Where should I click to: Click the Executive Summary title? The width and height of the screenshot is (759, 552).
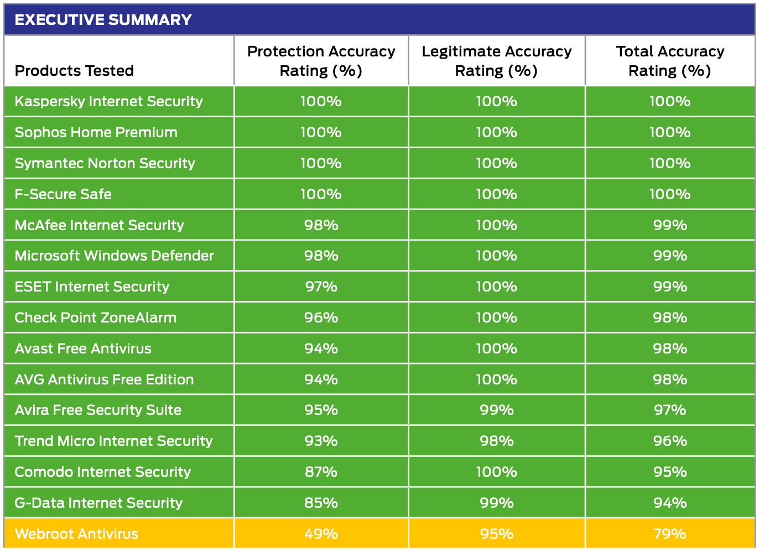pos(103,20)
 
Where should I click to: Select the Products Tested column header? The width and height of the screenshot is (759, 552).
pos(74,71)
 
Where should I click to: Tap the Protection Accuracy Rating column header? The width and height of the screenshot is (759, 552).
pos(321,61)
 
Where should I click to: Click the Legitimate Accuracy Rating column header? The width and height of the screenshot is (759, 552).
pos(496,61)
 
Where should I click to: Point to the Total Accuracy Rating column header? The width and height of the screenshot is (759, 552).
pos(670,61)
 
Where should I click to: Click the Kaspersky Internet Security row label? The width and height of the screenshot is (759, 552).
pos(108,102)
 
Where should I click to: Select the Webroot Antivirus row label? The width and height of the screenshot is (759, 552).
pos(76,534)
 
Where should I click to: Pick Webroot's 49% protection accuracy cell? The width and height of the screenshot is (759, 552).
pos(321,534)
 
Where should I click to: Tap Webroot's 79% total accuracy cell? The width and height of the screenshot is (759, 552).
pos(670,534)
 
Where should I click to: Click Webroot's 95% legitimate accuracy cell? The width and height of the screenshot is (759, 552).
pos(496,534)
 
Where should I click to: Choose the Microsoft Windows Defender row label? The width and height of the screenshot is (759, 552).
pos(114,256)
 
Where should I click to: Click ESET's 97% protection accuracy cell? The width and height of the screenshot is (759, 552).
pos(321,287)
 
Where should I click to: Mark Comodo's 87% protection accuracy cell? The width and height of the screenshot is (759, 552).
pos(321,472)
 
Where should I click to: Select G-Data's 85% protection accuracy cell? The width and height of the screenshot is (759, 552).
pos(321,503)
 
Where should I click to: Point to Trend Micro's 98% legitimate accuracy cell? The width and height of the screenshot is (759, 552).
pos(496,441)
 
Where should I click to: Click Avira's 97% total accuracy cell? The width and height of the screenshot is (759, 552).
pos(670,410)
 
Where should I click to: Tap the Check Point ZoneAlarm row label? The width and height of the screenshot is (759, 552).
pos(95,317)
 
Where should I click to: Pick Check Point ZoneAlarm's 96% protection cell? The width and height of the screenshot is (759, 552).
pos(321,317)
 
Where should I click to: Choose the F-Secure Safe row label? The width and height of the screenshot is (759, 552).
pos(63,194)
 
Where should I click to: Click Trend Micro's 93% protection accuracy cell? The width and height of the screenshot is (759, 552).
pos(321,441)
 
